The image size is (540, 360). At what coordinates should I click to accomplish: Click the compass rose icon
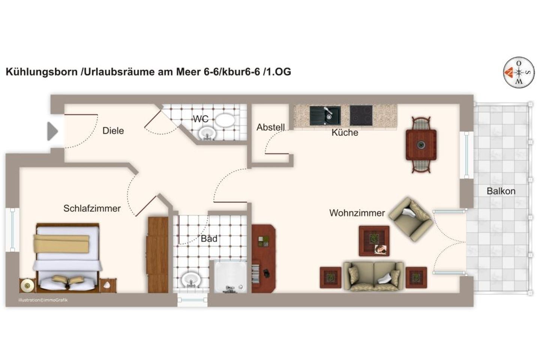519,72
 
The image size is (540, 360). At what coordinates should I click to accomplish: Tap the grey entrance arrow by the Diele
52,131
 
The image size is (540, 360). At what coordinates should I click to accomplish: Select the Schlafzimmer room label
92,208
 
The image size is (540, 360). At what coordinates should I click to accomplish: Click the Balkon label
501,191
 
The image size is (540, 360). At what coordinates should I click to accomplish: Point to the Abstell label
270,127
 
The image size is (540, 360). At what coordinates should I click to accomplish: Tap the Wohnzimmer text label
357,213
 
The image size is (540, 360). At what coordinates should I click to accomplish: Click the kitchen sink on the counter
325,115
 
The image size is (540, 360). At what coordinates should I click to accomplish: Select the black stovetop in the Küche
361,115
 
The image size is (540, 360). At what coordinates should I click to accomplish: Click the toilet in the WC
225,120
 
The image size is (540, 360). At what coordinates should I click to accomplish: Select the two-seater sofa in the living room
373,276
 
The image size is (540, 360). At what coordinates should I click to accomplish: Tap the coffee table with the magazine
374,241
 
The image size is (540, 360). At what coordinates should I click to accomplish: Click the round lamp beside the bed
27,286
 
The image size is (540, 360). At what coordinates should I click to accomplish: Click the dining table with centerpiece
421,145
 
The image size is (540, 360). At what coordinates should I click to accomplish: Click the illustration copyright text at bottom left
43,300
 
